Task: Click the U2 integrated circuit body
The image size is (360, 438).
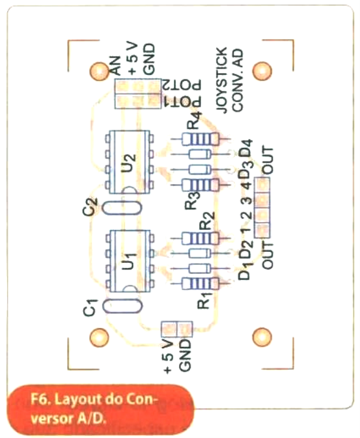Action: [x=129, y=162]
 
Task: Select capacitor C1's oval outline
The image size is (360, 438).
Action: [x=122, y=306]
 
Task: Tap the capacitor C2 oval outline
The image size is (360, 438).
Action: [x=122, y=208]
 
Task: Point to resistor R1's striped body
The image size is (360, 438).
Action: [x=200, y=284]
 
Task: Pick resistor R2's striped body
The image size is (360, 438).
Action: [x=200, y=238]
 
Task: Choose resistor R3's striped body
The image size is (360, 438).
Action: [x=200, y=185]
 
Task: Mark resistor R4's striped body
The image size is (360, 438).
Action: [x=200, y=139]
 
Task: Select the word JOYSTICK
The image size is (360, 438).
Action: [x=222, y=80]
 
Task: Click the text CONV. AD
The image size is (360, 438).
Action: [x=238, y=81]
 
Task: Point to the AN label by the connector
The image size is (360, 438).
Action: [x=116, y=66]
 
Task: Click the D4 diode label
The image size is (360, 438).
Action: [x=246, y=148]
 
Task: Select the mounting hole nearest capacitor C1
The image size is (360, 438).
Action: [x=99, y=337]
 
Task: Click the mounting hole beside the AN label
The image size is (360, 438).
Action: [x=99, y=71]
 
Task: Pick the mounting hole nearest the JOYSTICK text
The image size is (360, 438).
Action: [x=262, y=70]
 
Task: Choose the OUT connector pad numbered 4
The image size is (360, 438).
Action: [x=262, y=184]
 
